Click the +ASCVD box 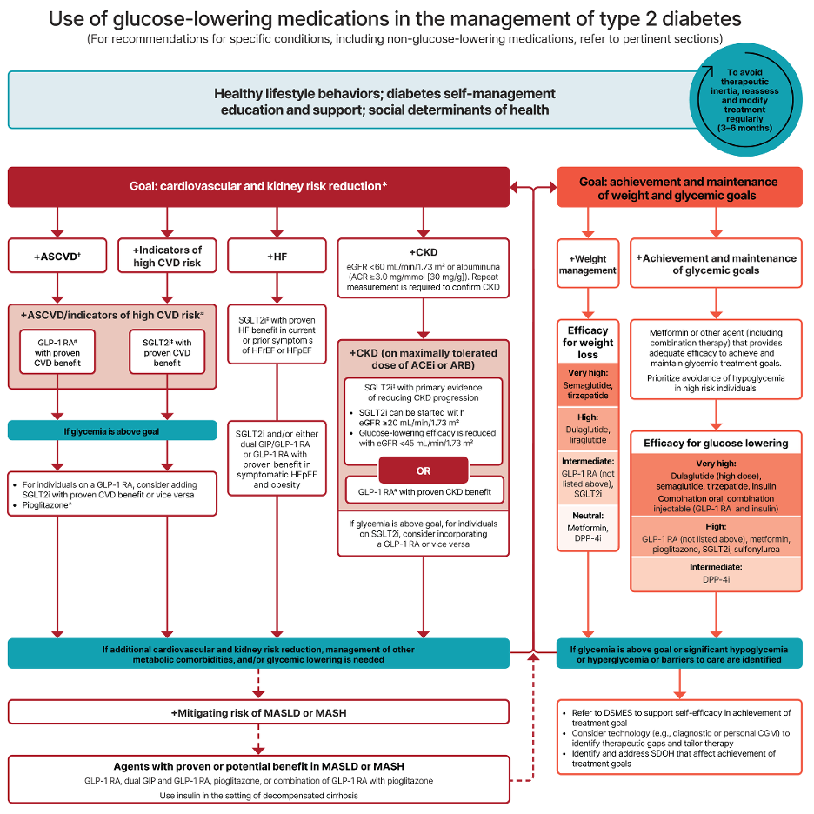pyautogui.click(x=57, y=256)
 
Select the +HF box pyautogui.click(x=277, y=256)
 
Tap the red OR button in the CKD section pyautogui.click(x=424, y=470)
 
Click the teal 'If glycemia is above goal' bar pyautogui.click(x=112, y=430)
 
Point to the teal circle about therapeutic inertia pyautogui.click(x=745, y=100)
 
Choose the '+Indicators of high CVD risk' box pyautogui.click(x=167, y=256)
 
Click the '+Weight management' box pyautogui.click(x=588, y=264)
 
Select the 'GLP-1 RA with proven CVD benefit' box pyautogui.click(x=57, y=352)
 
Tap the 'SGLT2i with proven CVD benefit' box pyautogui.click(x=167, y=352)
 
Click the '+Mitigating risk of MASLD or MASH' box pyautogui.click(x=258, y=713)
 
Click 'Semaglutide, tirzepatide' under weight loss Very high pyautogui.click(x=588, y=390)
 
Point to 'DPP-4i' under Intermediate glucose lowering pyautogui.click(x=716, y=579)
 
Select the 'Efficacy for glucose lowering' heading pyautogui.click(x=716, y=444)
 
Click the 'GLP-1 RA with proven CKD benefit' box pyautogui.click(x=424, y=491)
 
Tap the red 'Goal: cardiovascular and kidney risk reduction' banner pyautogui.click(x=258, y=186)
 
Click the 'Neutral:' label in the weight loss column pyautogui.click(x=588, y=516)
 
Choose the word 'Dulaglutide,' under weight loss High pyautogui.click(x=588, y=430)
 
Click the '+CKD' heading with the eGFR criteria pyautogui.click(x=424, y=269)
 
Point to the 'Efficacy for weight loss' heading pyautogui.click(x=588, y=343)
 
